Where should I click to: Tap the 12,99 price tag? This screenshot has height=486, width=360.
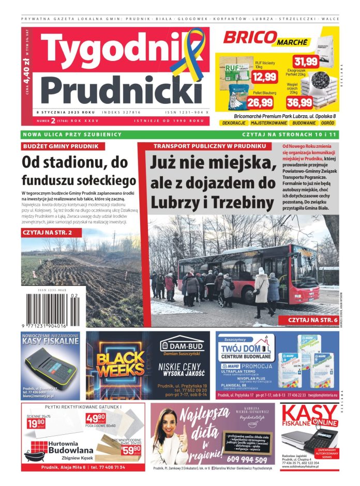pyautogui.click(x=264, y=77)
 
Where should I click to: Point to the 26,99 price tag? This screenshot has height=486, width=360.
pyautogui.click(x=260, y=102)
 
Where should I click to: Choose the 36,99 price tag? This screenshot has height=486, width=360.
pyautogui.click(x=299, y=102)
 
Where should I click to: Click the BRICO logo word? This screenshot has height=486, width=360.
pyautogui.click(x=248, y=38)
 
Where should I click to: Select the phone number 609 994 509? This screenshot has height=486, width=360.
pyautogui.click(x=247, y=460)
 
